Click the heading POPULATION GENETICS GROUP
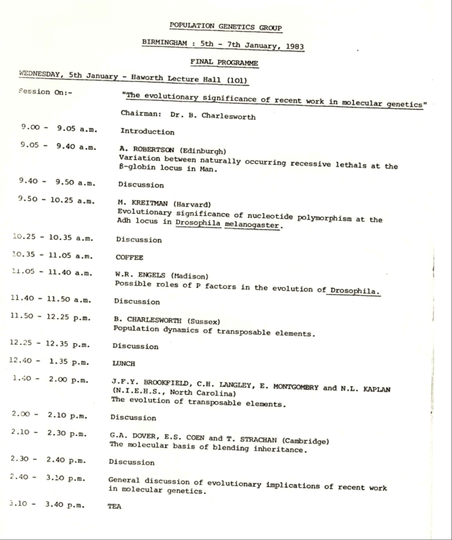pyautogui.click(x=225, y=26)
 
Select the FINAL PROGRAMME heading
pyautogui.click(x=224, y=62)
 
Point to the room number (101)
pyautogui.click(x=237, y=80)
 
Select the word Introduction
pyautogui.click(x=147, y=132)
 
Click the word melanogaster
pyautogui.click(x=252, y=225)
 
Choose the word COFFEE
pyautogui.click(x=129, y=258)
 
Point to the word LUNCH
pyautogui.click(x=124, y=364)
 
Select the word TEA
pyautogui.click(x=114, y=506)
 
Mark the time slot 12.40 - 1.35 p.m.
pyautogui.click(x=49, y=362)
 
